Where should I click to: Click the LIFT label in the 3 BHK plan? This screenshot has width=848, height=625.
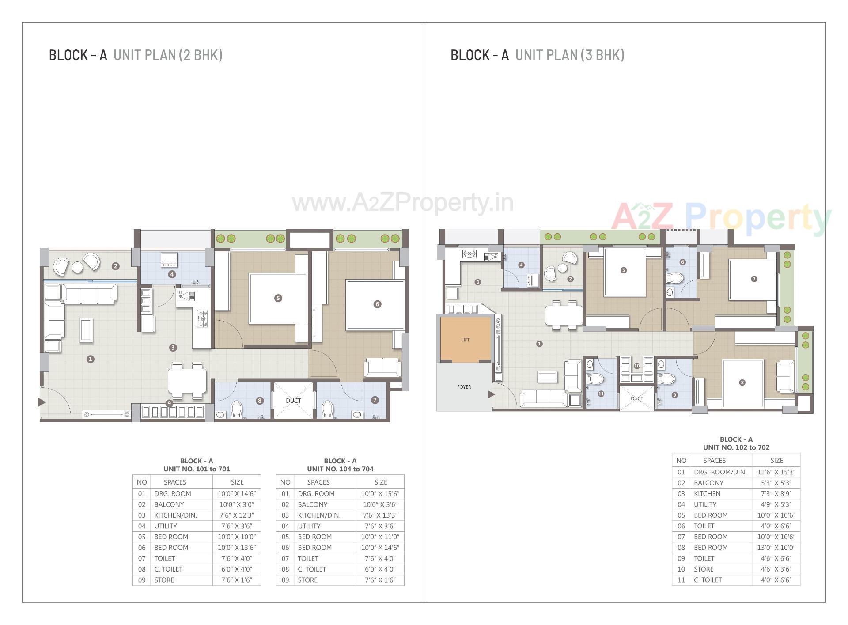coord(465,340)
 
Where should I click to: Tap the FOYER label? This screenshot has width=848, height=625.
coord(464,387)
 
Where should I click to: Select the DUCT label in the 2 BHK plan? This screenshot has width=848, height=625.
coord(293,401)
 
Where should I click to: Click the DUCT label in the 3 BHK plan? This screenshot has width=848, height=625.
coord(636,398)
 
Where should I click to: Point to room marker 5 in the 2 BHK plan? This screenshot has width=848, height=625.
coord(278,298)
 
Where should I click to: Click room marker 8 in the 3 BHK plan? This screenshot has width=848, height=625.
coord(742,383)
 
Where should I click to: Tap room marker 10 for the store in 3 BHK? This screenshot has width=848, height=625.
coord(636,366)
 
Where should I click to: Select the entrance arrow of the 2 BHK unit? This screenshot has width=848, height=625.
coord(42,402)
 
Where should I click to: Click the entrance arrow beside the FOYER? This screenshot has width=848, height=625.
coord(491,394)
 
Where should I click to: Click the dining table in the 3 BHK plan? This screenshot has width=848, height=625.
coord(564,315)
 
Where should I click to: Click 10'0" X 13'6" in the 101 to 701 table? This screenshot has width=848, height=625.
coord(236,548)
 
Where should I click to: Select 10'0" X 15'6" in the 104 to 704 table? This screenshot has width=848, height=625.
coord(380,494)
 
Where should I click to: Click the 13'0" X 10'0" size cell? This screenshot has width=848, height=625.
coord(776,548)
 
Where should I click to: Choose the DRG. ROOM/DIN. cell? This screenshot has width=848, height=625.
coord(720,472)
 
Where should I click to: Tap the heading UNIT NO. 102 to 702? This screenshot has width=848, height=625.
coord(736,447)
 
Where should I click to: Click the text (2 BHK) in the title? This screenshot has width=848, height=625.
coord(201,55)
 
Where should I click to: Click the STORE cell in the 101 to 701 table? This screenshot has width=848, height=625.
coord(164,580)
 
